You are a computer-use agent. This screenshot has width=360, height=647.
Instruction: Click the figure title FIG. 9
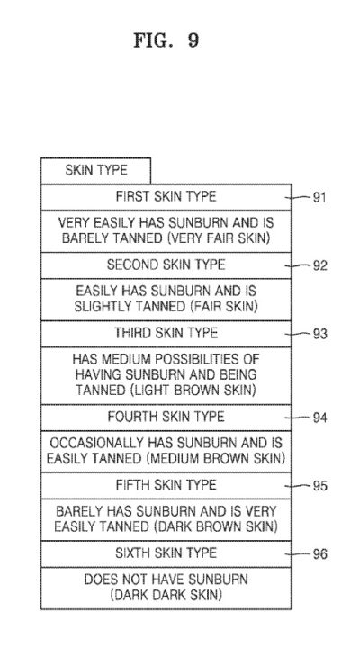(x=166, y=40)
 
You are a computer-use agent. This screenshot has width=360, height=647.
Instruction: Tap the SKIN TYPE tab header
(x=95, y=170)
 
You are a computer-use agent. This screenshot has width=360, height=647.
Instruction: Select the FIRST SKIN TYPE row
(x=166, y=197)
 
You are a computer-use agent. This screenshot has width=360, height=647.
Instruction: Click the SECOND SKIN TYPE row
(x=166, y=265)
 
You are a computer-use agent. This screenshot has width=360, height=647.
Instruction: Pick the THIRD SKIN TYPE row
(x=166, y=334)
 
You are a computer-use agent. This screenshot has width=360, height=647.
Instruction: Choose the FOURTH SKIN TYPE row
(x=166, y=418)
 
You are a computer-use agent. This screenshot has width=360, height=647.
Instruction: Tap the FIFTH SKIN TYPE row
(x=166, y=485)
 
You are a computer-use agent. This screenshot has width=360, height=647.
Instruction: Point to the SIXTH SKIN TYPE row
(x=166, y=553)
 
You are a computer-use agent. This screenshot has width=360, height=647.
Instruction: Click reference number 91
(x=319, y=198)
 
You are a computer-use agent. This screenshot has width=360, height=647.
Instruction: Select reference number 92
(x=319, y=265)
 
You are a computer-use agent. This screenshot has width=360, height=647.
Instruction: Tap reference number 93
(x=319, y=334)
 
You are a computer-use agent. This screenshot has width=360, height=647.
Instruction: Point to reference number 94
(x=319, y=418)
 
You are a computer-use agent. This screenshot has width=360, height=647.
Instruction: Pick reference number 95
(x=319, y=486)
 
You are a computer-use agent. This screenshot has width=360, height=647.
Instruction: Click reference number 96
(x=319, y=554)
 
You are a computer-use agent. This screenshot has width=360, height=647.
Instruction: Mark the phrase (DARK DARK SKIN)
(x=166, y=595)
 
